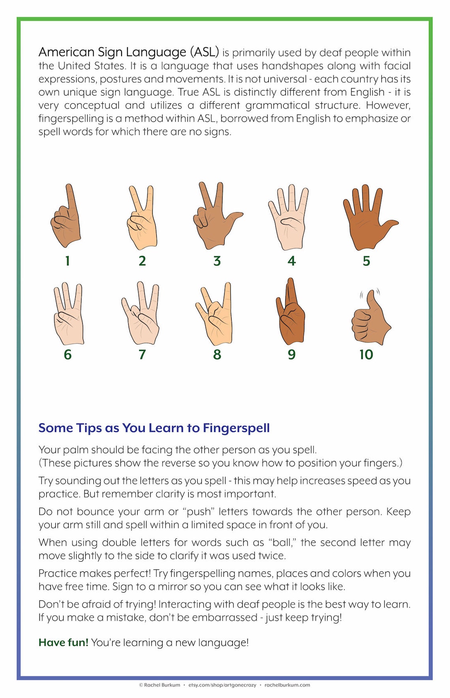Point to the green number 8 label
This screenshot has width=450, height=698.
click(217, 354)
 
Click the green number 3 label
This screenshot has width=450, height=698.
click(217, 261)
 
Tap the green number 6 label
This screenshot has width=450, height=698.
click(67, 354)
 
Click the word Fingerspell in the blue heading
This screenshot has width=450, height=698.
click(236, 428)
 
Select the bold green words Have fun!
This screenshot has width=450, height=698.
click(63, 642)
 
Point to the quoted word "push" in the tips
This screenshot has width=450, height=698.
click(198, 512)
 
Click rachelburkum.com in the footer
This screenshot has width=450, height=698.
click(287, 685)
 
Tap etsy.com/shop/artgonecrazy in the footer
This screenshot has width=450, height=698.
click(222, 685)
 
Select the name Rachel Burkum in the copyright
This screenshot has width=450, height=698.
click(162, 685)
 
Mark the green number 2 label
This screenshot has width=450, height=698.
click(142, 261)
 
